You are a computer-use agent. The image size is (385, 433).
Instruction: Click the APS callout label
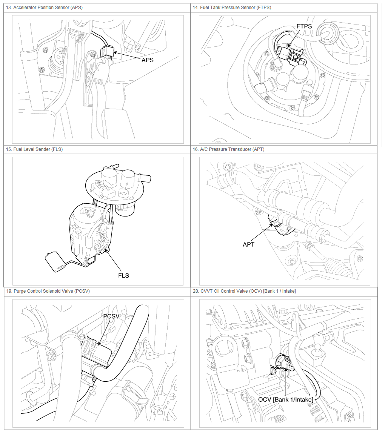point(147,60)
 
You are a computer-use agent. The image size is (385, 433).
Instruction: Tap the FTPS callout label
point(304,26)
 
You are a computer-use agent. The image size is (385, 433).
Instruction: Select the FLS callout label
point(123,275)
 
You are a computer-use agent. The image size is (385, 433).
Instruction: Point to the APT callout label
point(248,244)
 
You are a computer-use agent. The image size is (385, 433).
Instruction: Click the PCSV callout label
point(111,316)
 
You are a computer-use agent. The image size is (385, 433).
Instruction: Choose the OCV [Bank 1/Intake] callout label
point(285,399)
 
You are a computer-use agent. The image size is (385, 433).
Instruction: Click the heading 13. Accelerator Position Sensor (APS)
point(44,8)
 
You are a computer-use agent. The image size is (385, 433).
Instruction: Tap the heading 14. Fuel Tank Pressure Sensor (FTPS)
point(232,8)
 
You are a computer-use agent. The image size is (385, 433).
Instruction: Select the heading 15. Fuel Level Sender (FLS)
point(34,149)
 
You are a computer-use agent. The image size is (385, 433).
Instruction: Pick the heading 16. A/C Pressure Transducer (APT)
point(228,149)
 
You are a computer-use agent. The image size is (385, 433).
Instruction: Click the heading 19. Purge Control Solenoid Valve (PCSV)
point(48,291)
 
